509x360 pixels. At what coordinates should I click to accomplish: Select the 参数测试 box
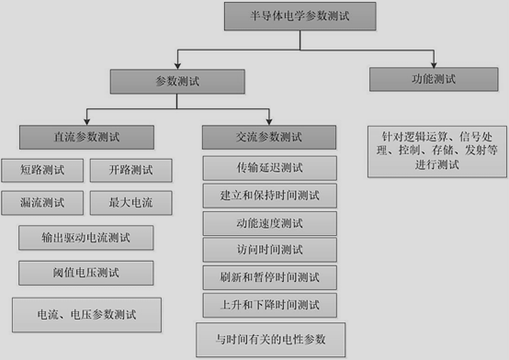(x=177, y=82)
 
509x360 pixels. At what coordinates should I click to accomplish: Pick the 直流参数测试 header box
(x=86, y=139)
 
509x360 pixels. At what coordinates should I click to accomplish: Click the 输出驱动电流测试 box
(x=85, y=238)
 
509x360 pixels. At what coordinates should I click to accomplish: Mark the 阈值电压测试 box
(x=85, y=273)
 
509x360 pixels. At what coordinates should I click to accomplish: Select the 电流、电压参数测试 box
(x=85, y=314)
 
